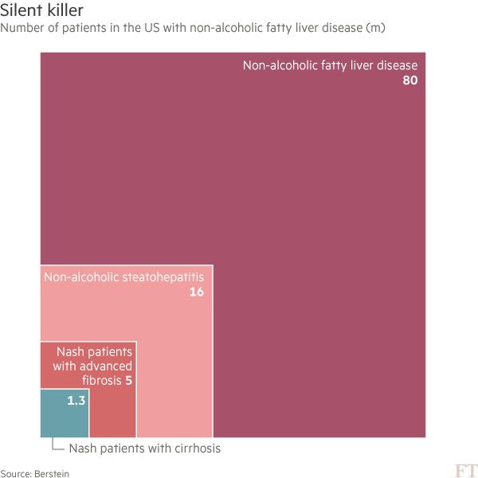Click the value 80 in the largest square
(409, 80)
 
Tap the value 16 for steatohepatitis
(196, 292)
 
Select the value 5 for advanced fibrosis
(128, 380)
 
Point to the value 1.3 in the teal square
(76, 401)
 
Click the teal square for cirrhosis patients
(64, 418)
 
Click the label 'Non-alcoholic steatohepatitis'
(123, 277)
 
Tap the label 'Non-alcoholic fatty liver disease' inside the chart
(330, 65)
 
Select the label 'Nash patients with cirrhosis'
(144, 449)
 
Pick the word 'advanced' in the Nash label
(106, 366)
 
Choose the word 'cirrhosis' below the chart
(194, 449)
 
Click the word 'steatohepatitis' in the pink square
(163, 277)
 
